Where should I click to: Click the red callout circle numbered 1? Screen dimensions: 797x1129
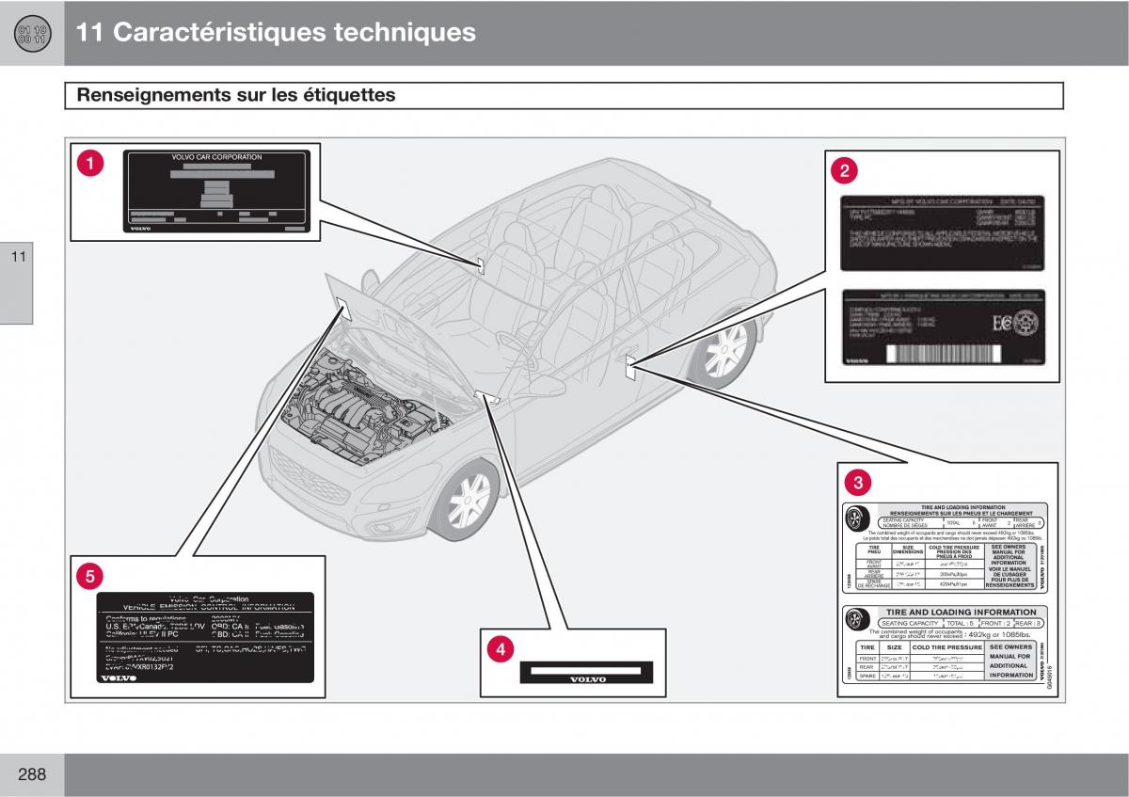(90, 164)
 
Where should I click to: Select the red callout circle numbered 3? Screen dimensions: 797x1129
(857, 483)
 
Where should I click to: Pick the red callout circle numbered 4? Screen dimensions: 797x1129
(501, 649)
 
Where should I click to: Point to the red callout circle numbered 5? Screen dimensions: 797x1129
(89, 576)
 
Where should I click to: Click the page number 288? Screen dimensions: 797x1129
(30, 774)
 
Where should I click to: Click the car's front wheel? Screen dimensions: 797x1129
(468, 499)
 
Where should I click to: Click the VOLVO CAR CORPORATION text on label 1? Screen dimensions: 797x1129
(216, 157)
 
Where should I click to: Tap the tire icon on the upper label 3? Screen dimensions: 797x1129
(856, 519)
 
